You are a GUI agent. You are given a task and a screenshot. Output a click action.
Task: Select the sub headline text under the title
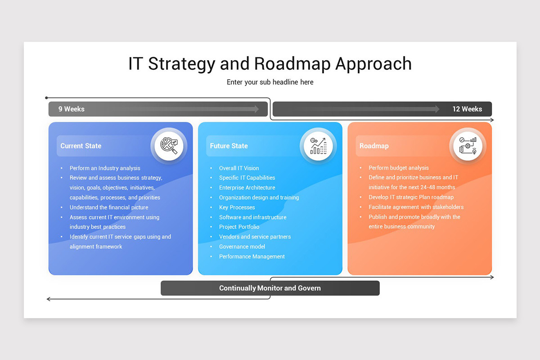pos(270,82)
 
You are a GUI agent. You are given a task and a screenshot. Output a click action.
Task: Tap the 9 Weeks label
pos(71,109)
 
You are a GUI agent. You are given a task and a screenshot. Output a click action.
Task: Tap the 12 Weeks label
pos(467,109)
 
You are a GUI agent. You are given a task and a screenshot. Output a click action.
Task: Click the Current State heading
pos(81,146)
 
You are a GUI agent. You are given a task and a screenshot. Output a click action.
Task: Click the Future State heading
pos(229,146)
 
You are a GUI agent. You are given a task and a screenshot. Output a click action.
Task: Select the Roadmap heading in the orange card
pos(374,146)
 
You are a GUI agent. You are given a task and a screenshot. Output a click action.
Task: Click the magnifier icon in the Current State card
pos(169,146)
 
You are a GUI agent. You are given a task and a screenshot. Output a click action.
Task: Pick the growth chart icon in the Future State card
pos(318,146)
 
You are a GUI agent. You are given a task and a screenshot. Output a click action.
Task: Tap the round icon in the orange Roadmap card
pos(468,146)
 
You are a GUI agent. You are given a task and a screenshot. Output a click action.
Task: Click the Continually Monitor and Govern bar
pos(270,288)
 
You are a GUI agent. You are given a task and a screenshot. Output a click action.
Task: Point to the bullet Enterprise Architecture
pos(247,188)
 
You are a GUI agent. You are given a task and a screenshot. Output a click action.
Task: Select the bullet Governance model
pos(242,247)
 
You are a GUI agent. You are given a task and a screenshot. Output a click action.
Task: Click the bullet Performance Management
pos(252,256)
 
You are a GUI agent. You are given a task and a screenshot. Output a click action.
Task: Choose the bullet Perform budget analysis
pos(399,168)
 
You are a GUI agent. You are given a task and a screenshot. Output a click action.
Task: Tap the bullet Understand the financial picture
pos(109,207)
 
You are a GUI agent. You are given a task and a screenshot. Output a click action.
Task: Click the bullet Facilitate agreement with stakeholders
pos(416,207)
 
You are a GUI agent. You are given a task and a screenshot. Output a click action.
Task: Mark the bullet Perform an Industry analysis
pos(105,168)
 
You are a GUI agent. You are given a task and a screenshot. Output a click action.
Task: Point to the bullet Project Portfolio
pos(239,227)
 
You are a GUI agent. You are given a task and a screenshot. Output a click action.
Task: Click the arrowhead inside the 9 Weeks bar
pos(256,109)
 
